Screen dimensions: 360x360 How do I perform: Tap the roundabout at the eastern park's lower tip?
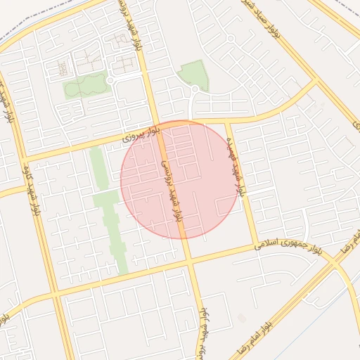(x=195, y=90)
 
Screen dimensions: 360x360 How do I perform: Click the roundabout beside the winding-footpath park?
(x=110, y=81)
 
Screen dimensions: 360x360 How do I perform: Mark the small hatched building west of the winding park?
(x=61, y=68)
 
